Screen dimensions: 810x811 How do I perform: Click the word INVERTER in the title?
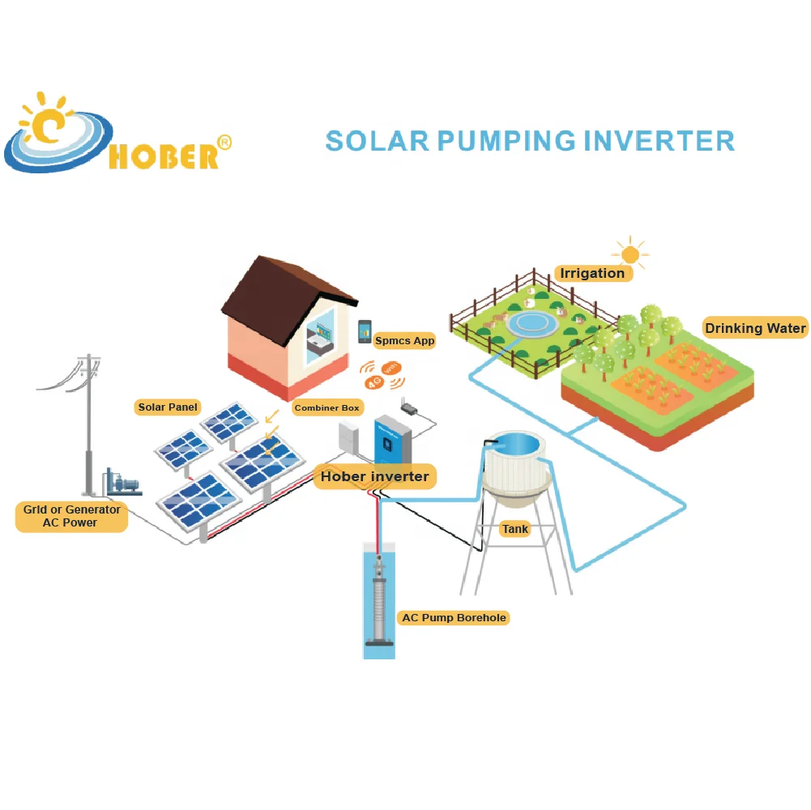(658, 141)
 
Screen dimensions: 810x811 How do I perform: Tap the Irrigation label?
(592, 273)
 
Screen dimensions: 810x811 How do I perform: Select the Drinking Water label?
(755, 328)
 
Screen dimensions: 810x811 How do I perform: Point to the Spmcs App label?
(404, 341)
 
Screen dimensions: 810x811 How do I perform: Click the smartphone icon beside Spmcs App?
(365, 330)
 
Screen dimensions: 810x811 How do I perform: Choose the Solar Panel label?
(168, 407)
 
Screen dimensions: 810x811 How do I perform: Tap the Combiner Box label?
(327, 408)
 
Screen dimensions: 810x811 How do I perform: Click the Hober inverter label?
(374, 476)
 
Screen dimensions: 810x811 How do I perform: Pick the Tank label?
(515, 529)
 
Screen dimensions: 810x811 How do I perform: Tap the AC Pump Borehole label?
(454, 618)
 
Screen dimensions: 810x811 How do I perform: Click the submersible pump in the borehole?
(378, 603)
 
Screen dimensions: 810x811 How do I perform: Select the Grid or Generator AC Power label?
(70, 516)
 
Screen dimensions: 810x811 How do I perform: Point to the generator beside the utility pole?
(122, 484)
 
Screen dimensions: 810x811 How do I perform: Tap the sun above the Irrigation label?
(630, 254)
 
